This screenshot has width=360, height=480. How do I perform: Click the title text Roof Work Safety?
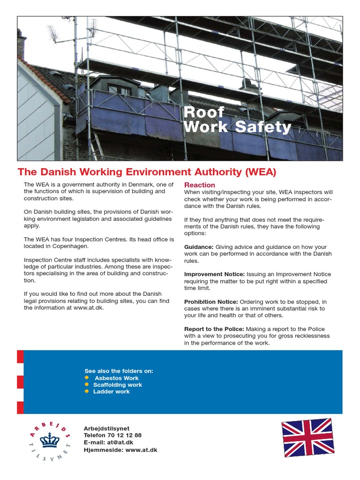(237, 120)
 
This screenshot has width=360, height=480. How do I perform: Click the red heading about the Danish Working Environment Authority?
(147, 172)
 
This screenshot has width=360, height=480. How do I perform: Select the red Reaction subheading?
(199, 185)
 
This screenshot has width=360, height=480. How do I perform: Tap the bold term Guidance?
(199, 247)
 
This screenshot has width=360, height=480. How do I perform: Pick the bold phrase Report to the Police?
(214, 329)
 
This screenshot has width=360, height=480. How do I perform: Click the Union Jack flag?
(307, 437)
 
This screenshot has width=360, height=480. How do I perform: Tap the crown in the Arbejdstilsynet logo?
(49, 440)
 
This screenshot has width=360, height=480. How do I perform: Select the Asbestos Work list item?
(117, 378)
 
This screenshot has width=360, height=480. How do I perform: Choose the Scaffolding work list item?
(117, 385)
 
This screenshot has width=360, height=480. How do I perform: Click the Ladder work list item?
(112, 391)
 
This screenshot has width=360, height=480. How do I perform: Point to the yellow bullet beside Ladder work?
(87, 391)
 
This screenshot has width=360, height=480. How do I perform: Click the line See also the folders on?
(119, 371)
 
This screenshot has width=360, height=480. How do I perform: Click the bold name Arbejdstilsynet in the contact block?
(106, 428)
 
